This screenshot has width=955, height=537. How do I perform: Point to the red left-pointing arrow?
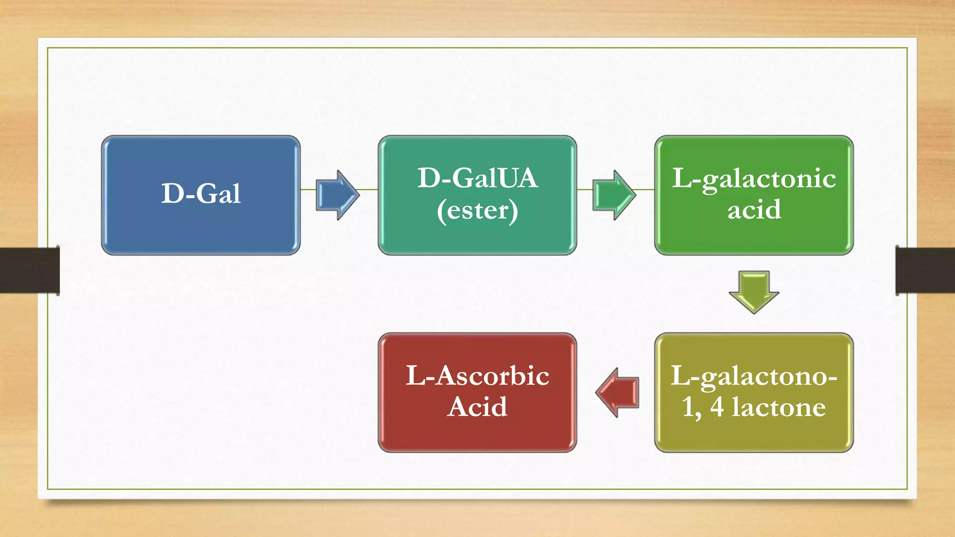coord(617,392)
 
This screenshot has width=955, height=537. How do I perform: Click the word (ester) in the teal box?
coord(477,211)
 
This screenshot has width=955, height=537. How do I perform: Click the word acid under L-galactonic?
coord(754,209)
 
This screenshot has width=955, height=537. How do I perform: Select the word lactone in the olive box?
coord(778,407)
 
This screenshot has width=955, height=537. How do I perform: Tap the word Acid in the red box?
coord(477,407)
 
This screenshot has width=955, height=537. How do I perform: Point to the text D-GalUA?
coord(477,178)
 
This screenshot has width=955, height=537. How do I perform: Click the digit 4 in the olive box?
coord(717,407)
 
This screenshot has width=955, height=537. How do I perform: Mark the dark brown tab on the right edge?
coord(925,270)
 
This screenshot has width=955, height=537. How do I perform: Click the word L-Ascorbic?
coord(477,376)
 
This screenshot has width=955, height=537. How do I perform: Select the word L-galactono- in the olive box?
coord(754,376)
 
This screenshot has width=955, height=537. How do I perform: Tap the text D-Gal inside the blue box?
coord(201,193)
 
